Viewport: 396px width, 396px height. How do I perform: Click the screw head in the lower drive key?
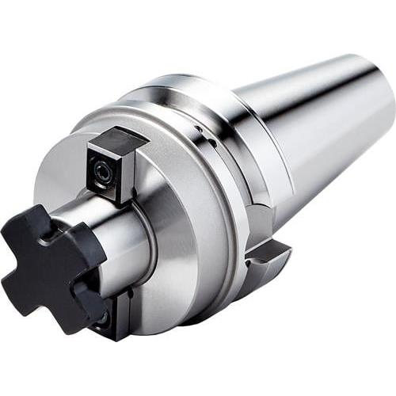tap(101, 318)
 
